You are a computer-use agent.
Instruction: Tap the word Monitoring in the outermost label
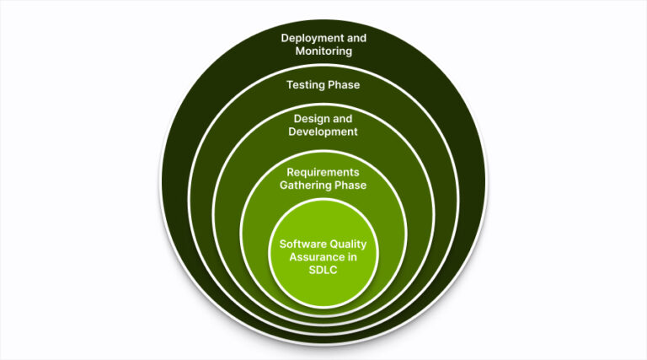323,51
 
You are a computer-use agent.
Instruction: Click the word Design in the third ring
312,118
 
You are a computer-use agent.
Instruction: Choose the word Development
323,132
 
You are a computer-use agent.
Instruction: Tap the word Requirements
323,172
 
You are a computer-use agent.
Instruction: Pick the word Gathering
308,185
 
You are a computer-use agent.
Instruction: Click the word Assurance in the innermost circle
314,257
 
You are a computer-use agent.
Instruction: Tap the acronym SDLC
323,271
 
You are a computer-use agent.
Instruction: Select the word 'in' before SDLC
354,257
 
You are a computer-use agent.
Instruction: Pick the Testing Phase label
323,85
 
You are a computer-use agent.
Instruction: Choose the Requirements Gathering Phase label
323,179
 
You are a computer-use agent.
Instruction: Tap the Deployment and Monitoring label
323,45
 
